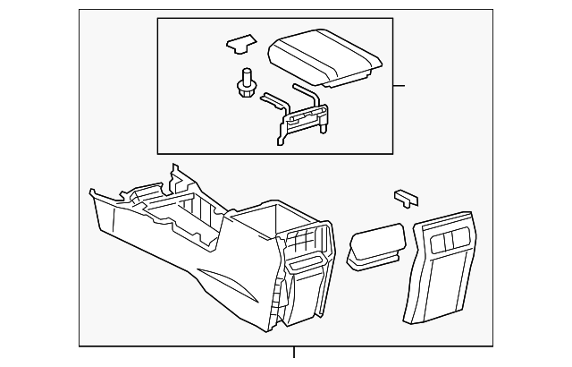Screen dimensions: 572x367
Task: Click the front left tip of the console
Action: tap(93, 192)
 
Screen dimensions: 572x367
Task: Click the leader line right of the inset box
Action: tap(399, 86)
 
